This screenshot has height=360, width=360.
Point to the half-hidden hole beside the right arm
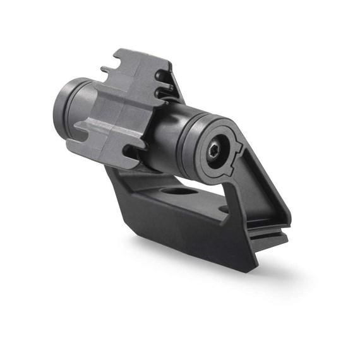pos(224,209)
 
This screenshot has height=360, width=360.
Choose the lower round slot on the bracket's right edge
pos(165,95)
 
